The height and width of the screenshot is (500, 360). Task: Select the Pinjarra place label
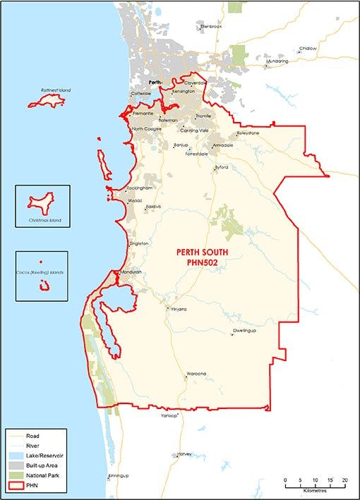[176, 308]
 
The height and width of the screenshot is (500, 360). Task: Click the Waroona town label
[196, 372]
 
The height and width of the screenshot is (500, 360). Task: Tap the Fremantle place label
[143, 114]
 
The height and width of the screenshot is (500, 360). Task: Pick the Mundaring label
[277, 61]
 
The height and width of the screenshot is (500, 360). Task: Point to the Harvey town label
[186, 453]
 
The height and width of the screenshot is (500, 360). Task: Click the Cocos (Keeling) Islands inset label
[41, 271]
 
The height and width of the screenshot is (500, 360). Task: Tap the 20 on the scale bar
[345, 480]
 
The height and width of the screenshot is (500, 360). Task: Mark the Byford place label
[222, 168]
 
